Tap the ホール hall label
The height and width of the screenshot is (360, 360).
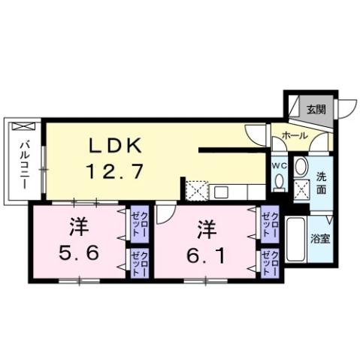coord(294,135)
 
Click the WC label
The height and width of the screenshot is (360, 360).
coord(278,165)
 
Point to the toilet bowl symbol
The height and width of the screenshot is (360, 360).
coord(279,181)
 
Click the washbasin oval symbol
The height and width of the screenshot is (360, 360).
coord(301,167)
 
